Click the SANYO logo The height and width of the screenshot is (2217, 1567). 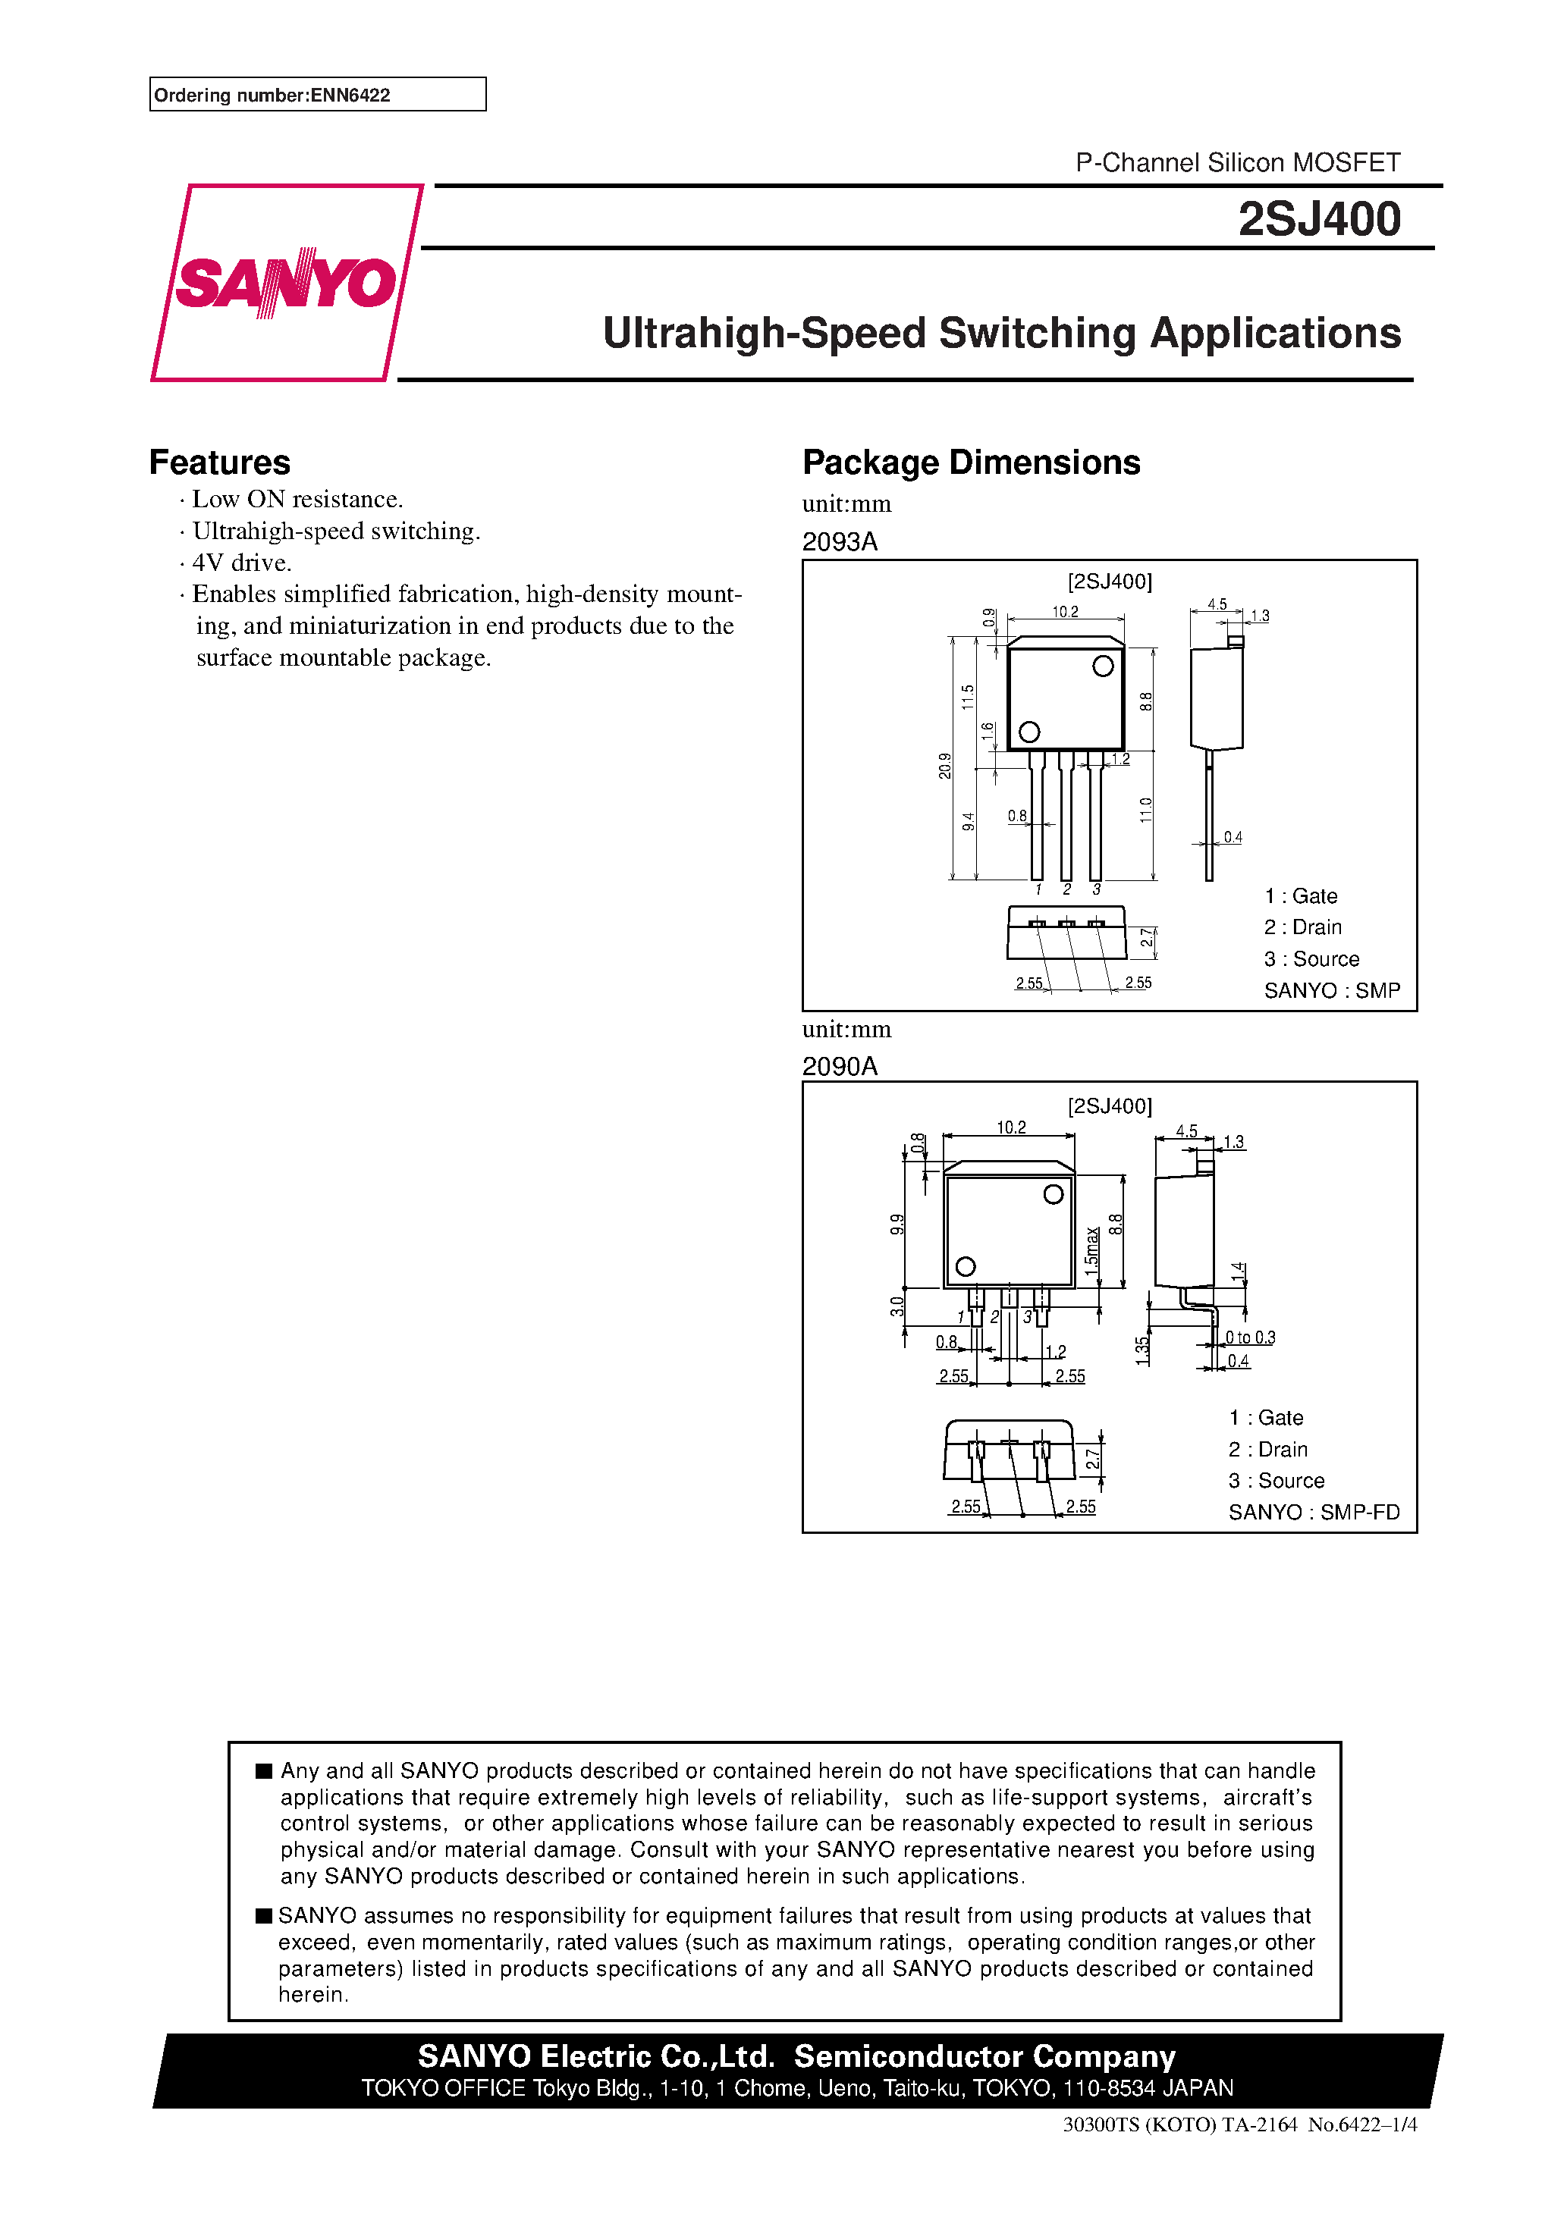(286, 283)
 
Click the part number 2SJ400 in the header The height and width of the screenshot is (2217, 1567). (1319, 218)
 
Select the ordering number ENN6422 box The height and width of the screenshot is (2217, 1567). (317, 95)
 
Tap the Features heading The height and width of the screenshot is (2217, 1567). (219, 463)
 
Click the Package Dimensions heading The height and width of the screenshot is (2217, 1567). (971, 463)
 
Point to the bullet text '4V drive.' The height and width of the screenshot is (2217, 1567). (241, 562)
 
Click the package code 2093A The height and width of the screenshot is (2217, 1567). (840, 541)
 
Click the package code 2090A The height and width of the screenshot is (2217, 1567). (840, 1066)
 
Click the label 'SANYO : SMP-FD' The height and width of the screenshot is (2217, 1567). (1314, 1512)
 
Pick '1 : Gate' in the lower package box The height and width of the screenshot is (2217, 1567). (1266, 1418)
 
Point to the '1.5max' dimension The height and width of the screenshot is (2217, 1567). (1091, 1251)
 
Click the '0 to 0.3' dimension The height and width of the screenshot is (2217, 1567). (1250, 1337)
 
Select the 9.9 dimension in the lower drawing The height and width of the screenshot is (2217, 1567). (897, 1225)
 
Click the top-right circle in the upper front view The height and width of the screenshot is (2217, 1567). (1102, 666)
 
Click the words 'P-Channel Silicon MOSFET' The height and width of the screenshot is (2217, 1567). (1238, 162)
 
